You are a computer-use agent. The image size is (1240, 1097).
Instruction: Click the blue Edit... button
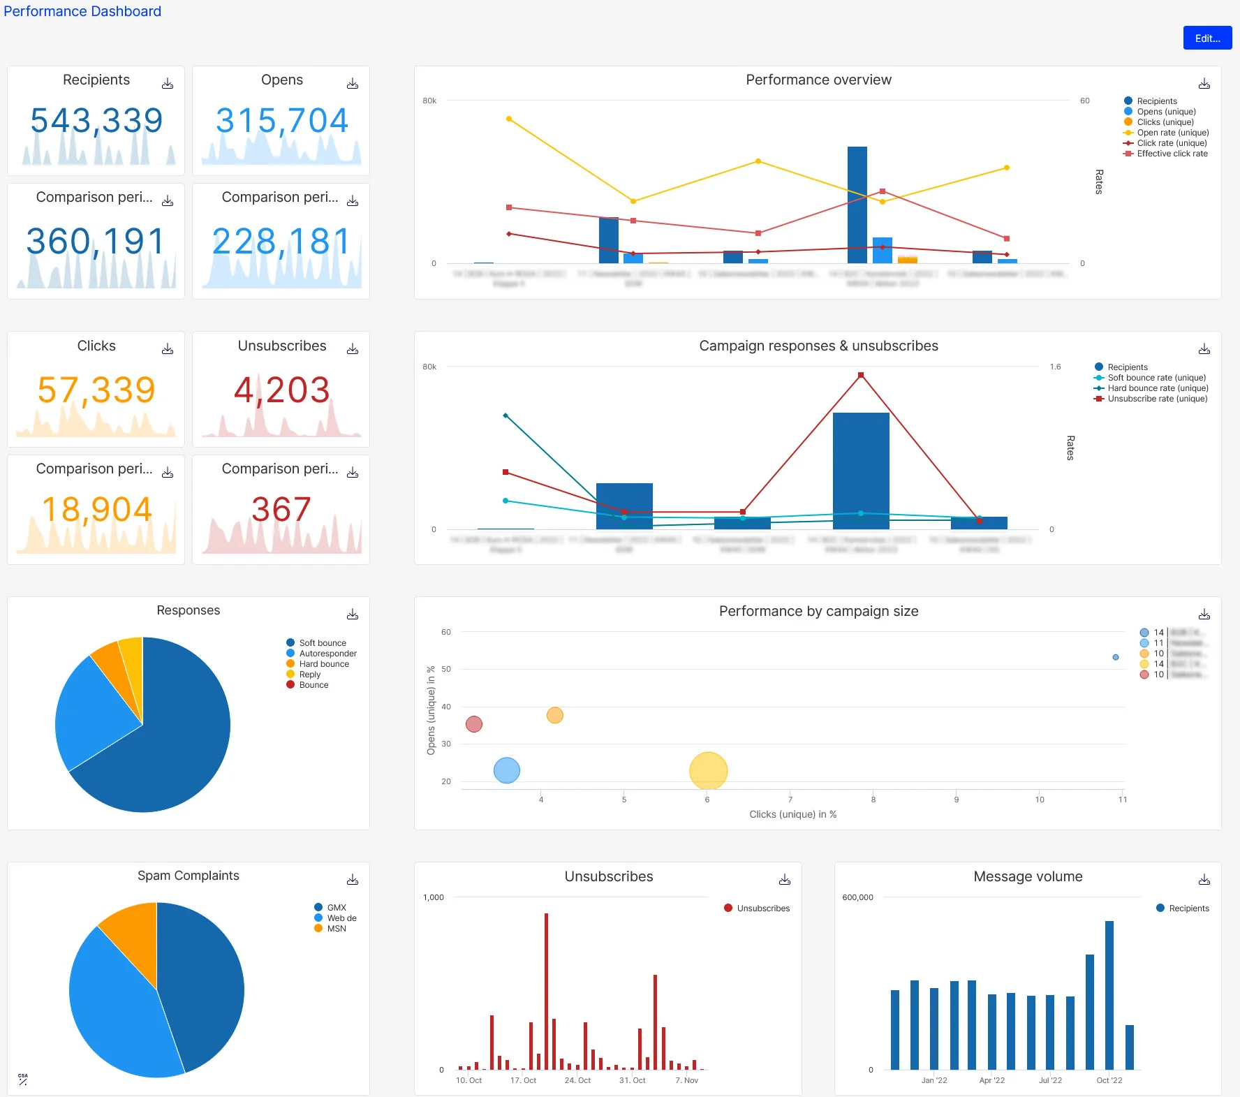tap(1206, 38)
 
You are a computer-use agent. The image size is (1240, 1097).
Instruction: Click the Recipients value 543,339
tap(96, 120)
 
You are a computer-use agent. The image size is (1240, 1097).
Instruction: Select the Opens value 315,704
tap(281, 120)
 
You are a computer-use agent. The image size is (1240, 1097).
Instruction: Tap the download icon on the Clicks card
tap(168, 349)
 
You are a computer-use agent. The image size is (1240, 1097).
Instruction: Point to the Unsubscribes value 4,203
tap(281, 390)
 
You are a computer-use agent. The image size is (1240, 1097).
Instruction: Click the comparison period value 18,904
tap(96, 509)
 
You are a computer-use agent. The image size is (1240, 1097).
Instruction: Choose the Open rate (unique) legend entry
tap(1172, 133)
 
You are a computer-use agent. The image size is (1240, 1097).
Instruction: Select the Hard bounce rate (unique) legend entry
tap(1157, 388)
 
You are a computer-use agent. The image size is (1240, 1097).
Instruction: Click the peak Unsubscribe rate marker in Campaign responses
tap(861, 375)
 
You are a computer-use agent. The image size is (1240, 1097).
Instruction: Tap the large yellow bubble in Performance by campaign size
tap(708, 771)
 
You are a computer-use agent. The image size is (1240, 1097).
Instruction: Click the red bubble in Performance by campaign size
tap(474, 724)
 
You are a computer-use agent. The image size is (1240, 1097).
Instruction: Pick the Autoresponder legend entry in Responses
tap(327, 654)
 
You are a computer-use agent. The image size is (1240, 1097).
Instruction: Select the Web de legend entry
tap(341, 918)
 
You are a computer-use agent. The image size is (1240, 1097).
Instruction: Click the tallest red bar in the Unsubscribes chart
tap(546, 992)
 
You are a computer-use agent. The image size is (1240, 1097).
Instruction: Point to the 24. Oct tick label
tap(577, 1080)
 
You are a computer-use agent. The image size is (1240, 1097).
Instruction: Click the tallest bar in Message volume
tap(1109, 995)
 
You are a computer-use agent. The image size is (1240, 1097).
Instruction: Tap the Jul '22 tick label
tap(1050, 1080)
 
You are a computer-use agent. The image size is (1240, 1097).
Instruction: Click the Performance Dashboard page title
tap(82, 11)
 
